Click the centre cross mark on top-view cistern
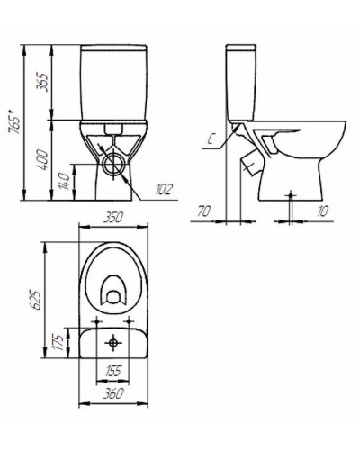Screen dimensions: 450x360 tap(112, 343)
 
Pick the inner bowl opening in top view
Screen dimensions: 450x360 tap(112, 290)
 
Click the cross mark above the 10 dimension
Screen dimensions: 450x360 tap(292, 194)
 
